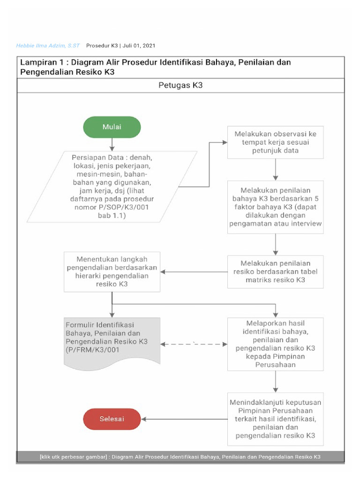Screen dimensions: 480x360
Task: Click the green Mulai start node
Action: [x=112, y=127]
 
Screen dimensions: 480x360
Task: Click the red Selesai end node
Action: [x=112, y=419]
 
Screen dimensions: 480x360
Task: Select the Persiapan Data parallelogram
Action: [x=112, y=186]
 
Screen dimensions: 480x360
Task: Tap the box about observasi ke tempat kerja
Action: [x=275, y=142]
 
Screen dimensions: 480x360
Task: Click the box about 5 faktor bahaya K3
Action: [x=275, y=207]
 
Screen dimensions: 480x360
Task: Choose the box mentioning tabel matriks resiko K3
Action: [x=275, y=271]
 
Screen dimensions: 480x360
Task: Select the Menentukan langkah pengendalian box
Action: [x=112, y=271]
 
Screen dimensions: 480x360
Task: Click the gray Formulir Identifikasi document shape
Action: [x=112, y=342]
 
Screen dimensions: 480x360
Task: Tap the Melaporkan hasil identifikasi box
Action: [x=275, y=345]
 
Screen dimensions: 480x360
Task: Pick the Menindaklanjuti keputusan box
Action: [x=275, y=419]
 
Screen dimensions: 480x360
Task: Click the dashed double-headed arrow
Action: [x=194, y=345]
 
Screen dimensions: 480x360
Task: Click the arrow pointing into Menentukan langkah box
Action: [x=193, y=271]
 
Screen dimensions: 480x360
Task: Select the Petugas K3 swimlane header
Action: [x=180, y=86]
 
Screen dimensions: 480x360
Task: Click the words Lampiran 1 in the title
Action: [x=41, y=62]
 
